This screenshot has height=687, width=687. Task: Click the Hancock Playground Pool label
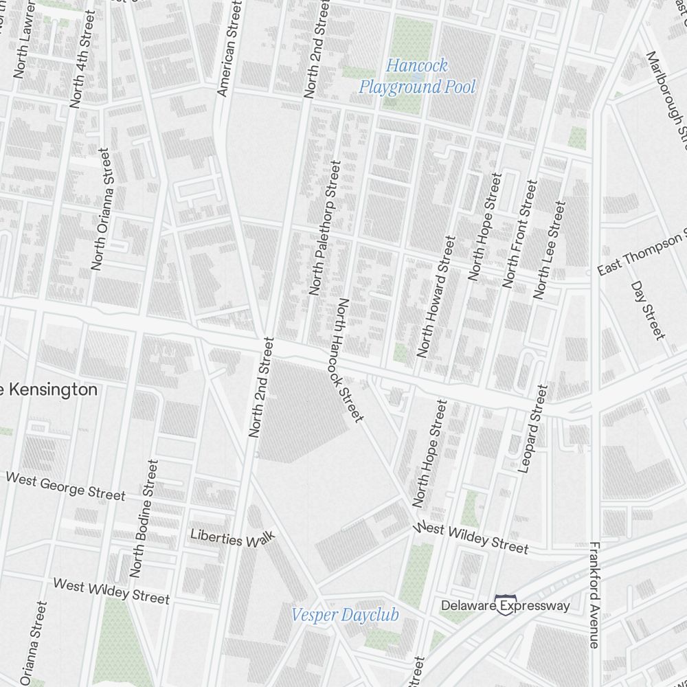pos(417,76)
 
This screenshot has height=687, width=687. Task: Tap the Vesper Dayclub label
pos(345,615)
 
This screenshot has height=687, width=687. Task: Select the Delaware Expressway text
pos(506,605)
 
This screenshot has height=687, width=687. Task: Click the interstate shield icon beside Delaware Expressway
pos(506,605)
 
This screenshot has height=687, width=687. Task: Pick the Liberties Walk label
pos(232,538)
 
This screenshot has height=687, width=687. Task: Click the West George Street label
pos(66,486)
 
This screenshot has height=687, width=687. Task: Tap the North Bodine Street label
pos(144,518)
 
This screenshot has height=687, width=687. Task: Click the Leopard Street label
pos(534,429)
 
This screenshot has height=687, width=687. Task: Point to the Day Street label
pos(648,310)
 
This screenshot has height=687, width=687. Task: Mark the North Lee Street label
pos(550,250)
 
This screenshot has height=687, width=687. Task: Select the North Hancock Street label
pos(349,360)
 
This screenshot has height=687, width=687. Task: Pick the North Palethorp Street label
pos(325,228)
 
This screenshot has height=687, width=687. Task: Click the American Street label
pos(229,47)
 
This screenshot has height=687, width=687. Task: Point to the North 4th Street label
pos(82,69)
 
